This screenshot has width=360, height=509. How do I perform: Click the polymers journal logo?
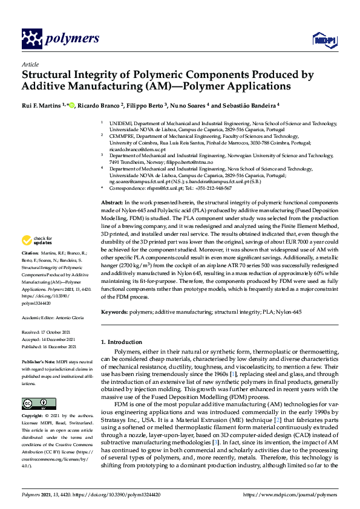[x=60, y=39]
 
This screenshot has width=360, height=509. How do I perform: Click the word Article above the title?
[x=30, y=64]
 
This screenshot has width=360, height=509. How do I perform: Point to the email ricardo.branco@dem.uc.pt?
[x=134, y=149]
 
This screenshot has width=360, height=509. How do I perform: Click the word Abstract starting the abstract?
[x=112, y=201]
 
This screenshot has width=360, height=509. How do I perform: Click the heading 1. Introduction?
[x=125, y=342]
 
